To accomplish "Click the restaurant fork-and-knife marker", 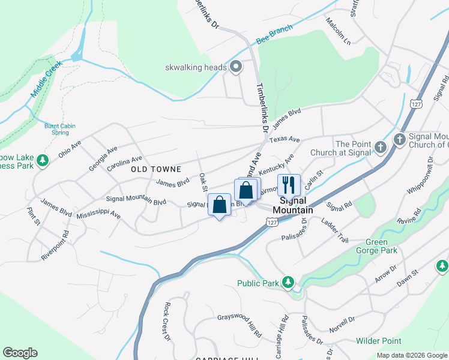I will point(289,185).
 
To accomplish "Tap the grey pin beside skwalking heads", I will point(236,67).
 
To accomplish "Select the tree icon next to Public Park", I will point(288,282).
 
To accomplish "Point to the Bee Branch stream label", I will point(274,34).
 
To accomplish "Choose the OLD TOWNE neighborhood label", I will point(155,170).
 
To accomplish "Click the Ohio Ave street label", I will point(70,149).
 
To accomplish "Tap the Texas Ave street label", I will point(285,139).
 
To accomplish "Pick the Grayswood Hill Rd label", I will point(240,325).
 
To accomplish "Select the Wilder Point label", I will point(379,341).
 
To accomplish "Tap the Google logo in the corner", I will point(20,353).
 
